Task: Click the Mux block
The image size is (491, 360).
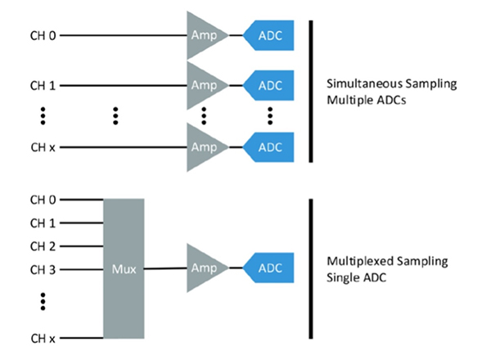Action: (x=124, y=268)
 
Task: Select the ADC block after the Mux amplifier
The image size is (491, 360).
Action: (x=270, y=268)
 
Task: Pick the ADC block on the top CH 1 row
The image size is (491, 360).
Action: (x=270, y=85)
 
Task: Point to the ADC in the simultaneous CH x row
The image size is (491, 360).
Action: (x=270, y=147)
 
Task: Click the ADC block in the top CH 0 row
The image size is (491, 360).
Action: (x=270, y=35)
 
